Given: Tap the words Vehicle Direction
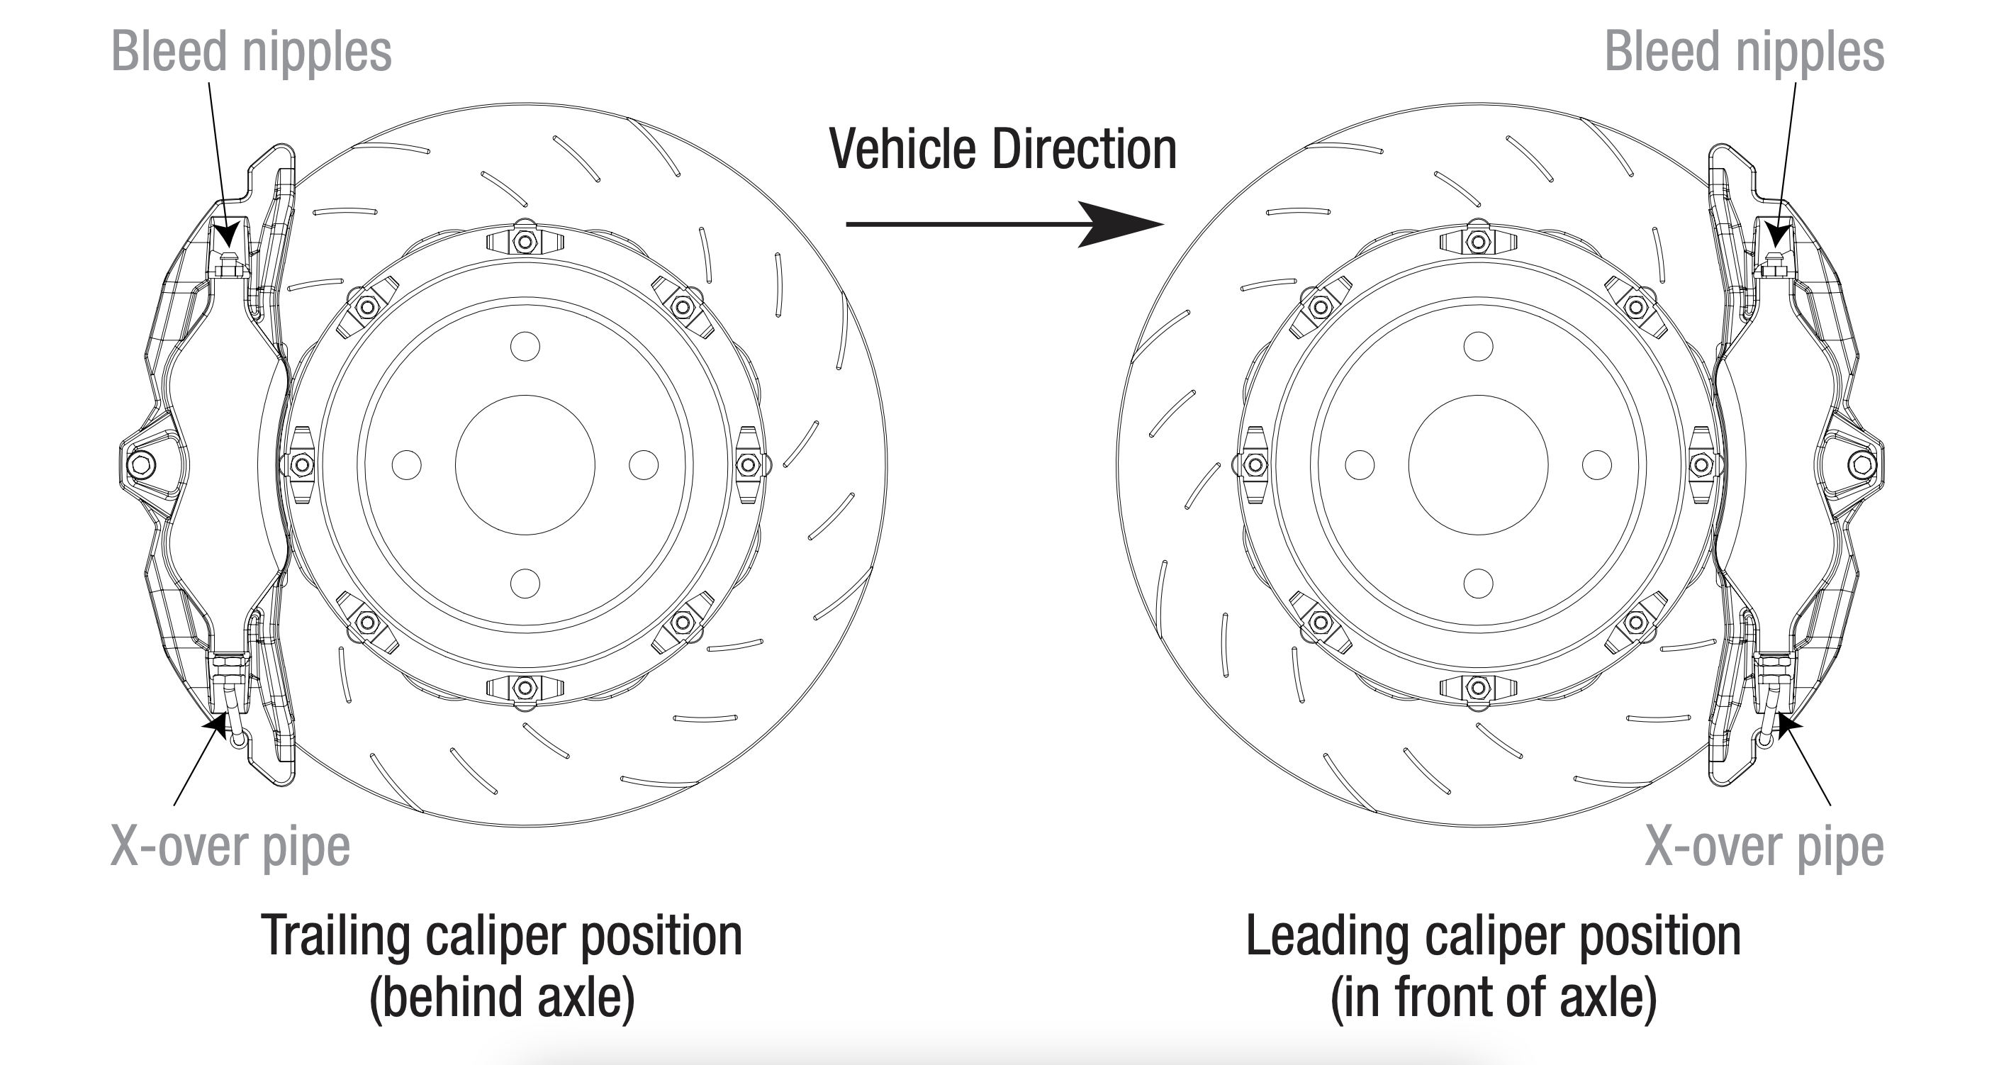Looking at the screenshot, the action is [x=1002, y=149].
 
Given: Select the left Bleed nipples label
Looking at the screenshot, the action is [x=252, y=52].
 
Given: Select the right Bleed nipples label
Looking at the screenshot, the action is [x=1745, y=52].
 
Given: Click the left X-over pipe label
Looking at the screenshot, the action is [x=230, y=846].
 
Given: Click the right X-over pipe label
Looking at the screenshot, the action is [x=1764, y=846].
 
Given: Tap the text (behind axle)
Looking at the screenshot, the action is [x=502, y=997].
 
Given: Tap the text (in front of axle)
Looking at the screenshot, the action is [x=1494, y=997].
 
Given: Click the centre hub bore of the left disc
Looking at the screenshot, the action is [x=525, y=465].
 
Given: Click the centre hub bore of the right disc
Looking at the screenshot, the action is [x=1478, y=465].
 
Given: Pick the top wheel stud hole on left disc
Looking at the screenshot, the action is [x=525, y=346].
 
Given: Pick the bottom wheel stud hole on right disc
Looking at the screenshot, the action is [x=1478, y=583].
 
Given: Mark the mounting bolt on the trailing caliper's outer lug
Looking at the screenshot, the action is [x=142, y=465].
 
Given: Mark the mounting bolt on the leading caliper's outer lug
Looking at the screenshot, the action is [x=1862, y=465].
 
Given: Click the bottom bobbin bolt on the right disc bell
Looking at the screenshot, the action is [x=1478, y=688].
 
